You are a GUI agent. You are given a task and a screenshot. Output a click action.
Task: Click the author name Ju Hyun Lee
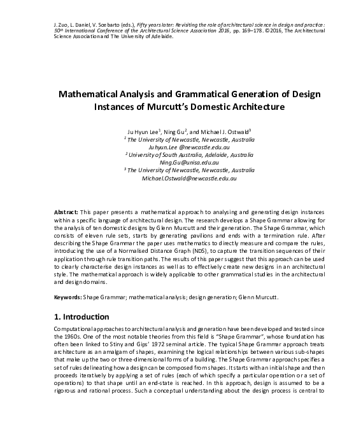tap(144, 130)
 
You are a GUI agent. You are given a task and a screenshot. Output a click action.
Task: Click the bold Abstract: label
tap(65, 210)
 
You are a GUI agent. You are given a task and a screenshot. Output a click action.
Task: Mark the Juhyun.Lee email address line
tap(180, 145)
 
